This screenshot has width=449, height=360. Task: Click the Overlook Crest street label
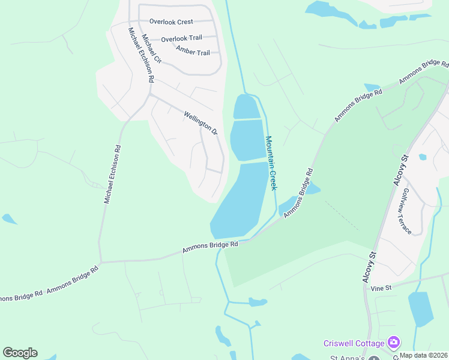point(171,22)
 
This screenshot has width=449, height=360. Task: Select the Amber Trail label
point(193,52)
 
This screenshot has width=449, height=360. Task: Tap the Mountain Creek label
point(271,163)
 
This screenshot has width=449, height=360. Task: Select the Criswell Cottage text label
point(354,343)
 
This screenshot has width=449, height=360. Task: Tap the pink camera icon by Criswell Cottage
point(394,343)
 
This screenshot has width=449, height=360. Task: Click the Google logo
point(20,353)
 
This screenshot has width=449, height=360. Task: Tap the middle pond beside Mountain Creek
point(247,140)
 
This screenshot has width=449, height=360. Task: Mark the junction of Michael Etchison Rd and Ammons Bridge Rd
point(101,262)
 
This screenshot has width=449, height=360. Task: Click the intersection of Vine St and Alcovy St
point(366,285)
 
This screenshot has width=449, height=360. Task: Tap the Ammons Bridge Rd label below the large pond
point(210,245)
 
